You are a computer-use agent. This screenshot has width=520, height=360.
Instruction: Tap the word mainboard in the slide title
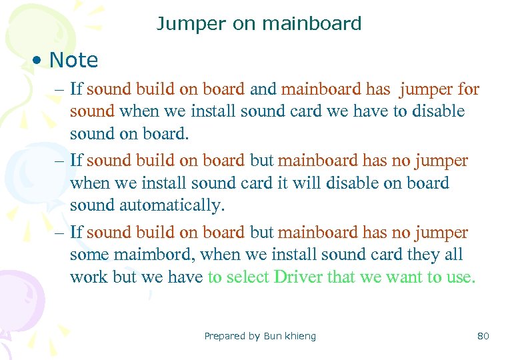click(x=312, y=24)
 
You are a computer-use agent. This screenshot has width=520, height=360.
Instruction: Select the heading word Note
click(x=73, y=60)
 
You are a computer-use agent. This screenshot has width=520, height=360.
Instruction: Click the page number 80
click(x=483, y=336)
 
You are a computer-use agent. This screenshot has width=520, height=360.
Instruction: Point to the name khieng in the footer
click(x=301, y=336)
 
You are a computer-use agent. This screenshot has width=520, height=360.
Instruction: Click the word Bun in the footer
click(x=273, y=336)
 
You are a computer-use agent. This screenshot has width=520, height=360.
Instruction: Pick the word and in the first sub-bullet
click(x=263, y=89)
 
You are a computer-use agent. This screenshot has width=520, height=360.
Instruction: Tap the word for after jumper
click(x=467, y=89)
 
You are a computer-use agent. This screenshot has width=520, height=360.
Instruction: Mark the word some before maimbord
click(x=90, y=255)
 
